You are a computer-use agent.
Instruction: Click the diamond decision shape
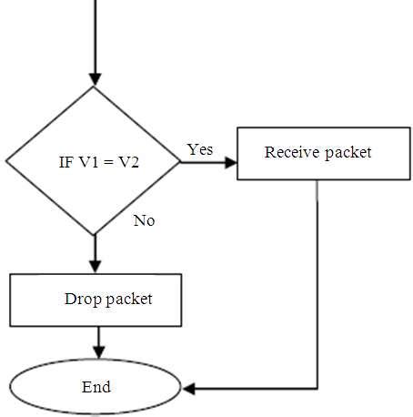tap(95, 162)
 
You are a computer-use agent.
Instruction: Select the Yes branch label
tap(199, 148)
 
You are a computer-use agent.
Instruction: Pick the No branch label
tap(144, 220)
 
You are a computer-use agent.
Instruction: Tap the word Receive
tap(291, 152)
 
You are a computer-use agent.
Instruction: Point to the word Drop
tap(81, 299)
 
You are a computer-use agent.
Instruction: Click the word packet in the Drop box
tap(129, 299)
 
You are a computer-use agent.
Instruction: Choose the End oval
tap(96, 387)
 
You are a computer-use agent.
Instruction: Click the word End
tap(96, 387)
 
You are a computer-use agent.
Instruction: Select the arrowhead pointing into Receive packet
tap(230, 162)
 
